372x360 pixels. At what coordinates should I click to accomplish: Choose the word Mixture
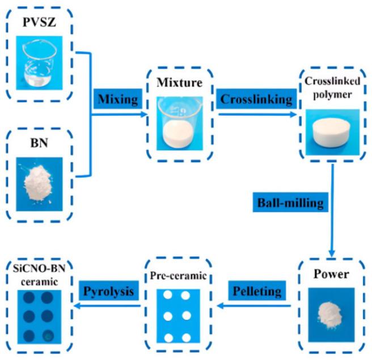[181, 84]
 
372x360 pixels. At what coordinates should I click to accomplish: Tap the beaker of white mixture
[181, 127]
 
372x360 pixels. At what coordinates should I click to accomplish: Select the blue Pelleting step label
[256, 291]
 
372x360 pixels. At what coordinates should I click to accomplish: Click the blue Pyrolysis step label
[108, 291]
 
